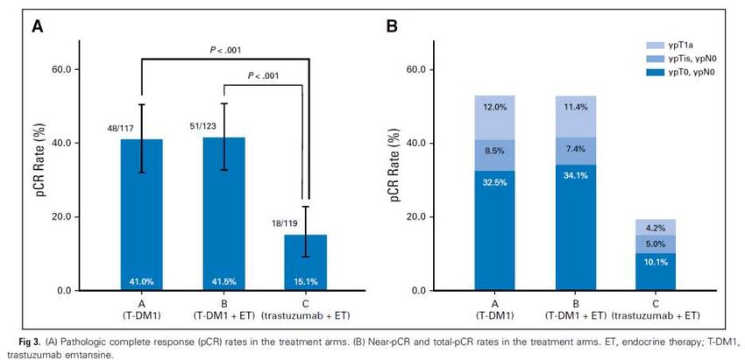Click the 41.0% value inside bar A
(x=142, y=281)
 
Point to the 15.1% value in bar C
(x=305, y=281)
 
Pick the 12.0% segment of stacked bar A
(x=495, y=108)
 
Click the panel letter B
(x=393, y=27)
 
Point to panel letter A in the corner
(x=38, y=27)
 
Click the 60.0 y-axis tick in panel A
(x=70, y=69)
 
